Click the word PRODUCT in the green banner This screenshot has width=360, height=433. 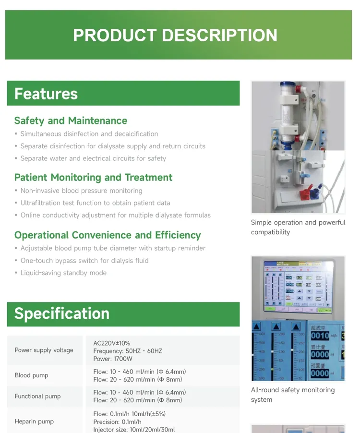click(x=115, y=36)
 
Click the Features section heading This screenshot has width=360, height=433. click(x=46, y=94)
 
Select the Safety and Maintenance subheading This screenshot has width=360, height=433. click(x=71, y=120)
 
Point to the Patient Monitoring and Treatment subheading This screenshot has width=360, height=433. click(x=93, y=178)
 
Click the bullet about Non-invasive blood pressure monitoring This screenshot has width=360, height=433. click(x=81, y=191)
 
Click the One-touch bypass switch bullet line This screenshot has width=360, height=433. click(x=84, y=261)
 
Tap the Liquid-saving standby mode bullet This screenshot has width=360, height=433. click(x=63, y=273)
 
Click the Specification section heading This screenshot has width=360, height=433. click(x=62, y=313)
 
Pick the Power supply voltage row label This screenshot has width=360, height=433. click(x=44, y=350)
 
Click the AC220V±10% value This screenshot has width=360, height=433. click(x=112, y=343)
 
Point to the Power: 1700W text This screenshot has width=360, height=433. click(x=113, y=359)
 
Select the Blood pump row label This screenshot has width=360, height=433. click(x=32, y=375)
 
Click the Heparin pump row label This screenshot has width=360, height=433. click(x=35, y=421)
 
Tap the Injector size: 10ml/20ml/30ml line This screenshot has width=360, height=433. click(x=134, y=430)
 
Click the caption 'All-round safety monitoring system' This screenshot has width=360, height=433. click(x=292, y=395)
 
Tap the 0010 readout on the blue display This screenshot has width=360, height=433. click(x=320, y=336)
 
